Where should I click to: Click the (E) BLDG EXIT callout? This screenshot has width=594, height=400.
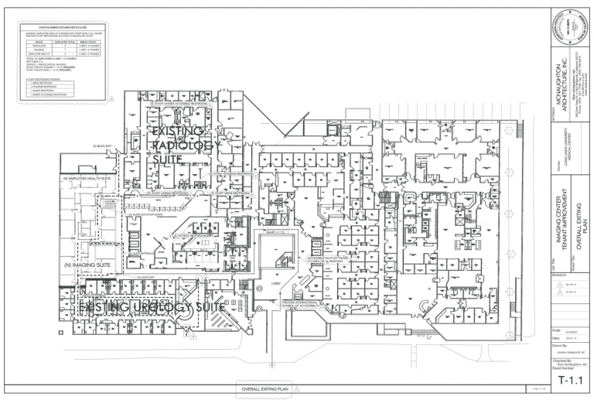click(x=102, y=146)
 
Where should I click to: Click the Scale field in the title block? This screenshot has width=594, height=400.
click(x=556, y=330)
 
